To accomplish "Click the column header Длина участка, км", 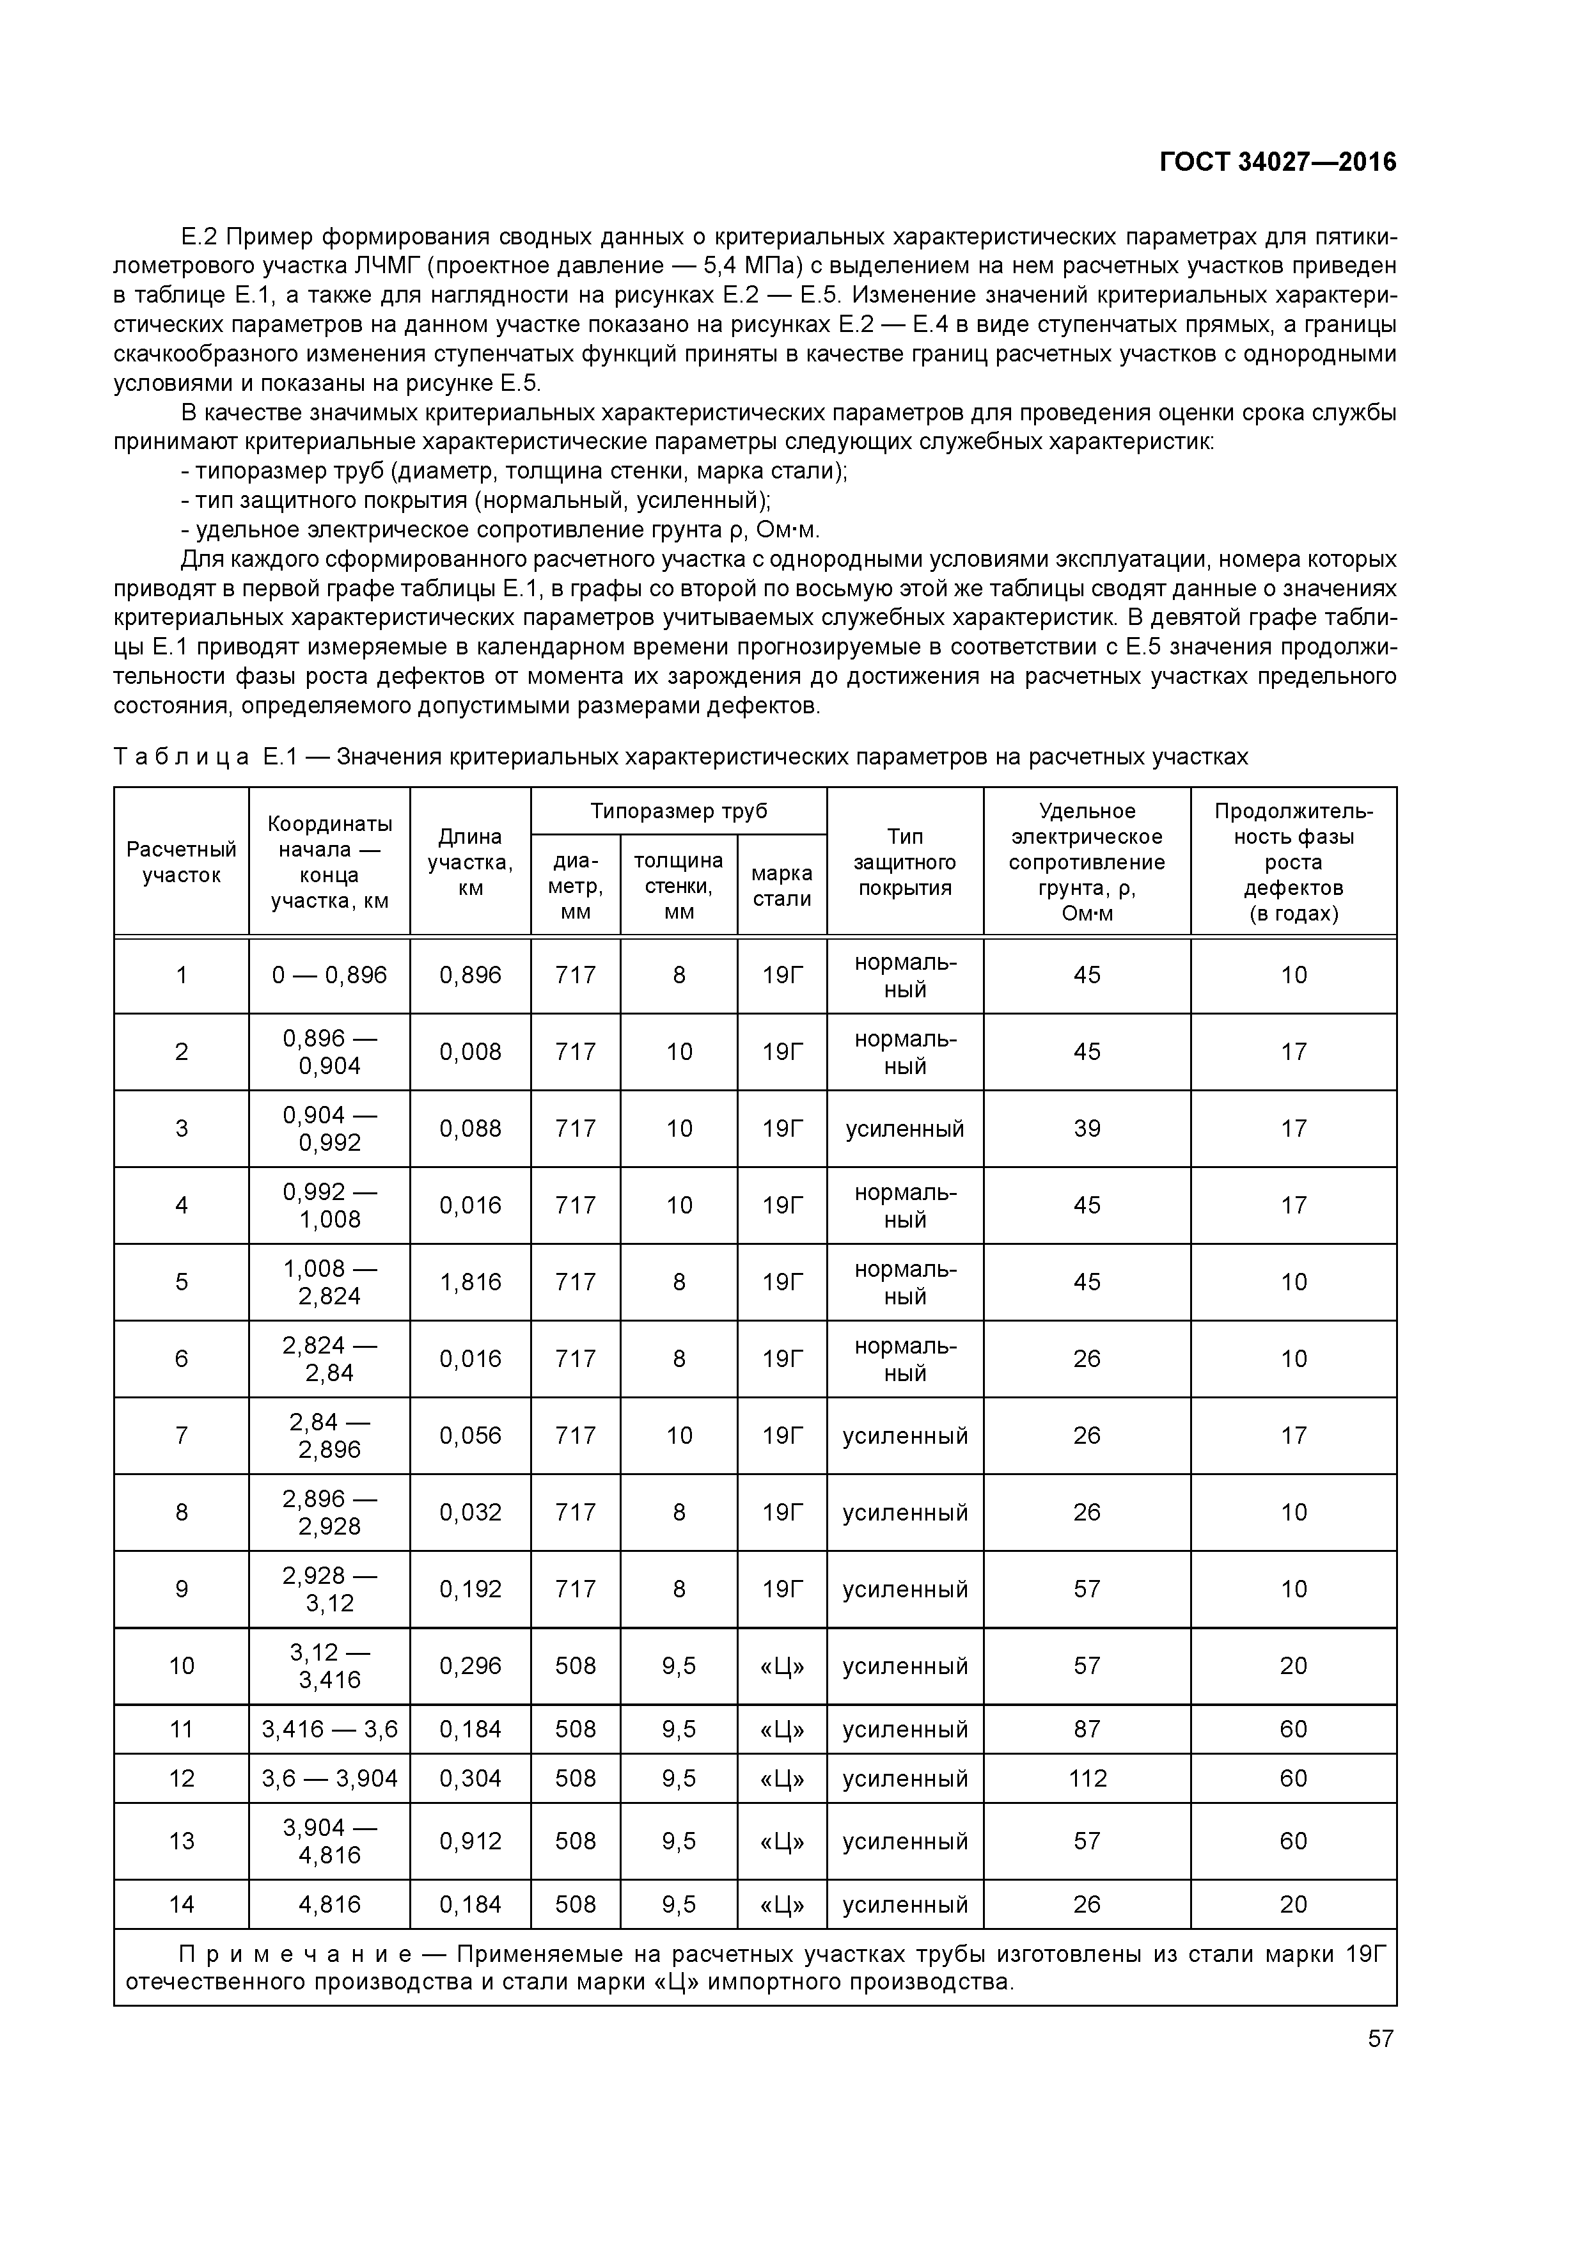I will click(470, 862).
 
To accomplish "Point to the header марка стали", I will click(781, 885).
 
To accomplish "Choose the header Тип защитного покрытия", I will click(905, 862).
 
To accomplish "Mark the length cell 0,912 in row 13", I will click(470, 1842).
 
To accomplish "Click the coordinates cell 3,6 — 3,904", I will click(329, 1778).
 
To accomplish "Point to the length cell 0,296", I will click(470, 1665).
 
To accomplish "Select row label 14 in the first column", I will click(182, 1904).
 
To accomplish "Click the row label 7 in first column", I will click(182, 1435).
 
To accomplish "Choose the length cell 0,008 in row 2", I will click(470, 1052).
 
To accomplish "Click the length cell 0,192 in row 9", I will click(470, 1589).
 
